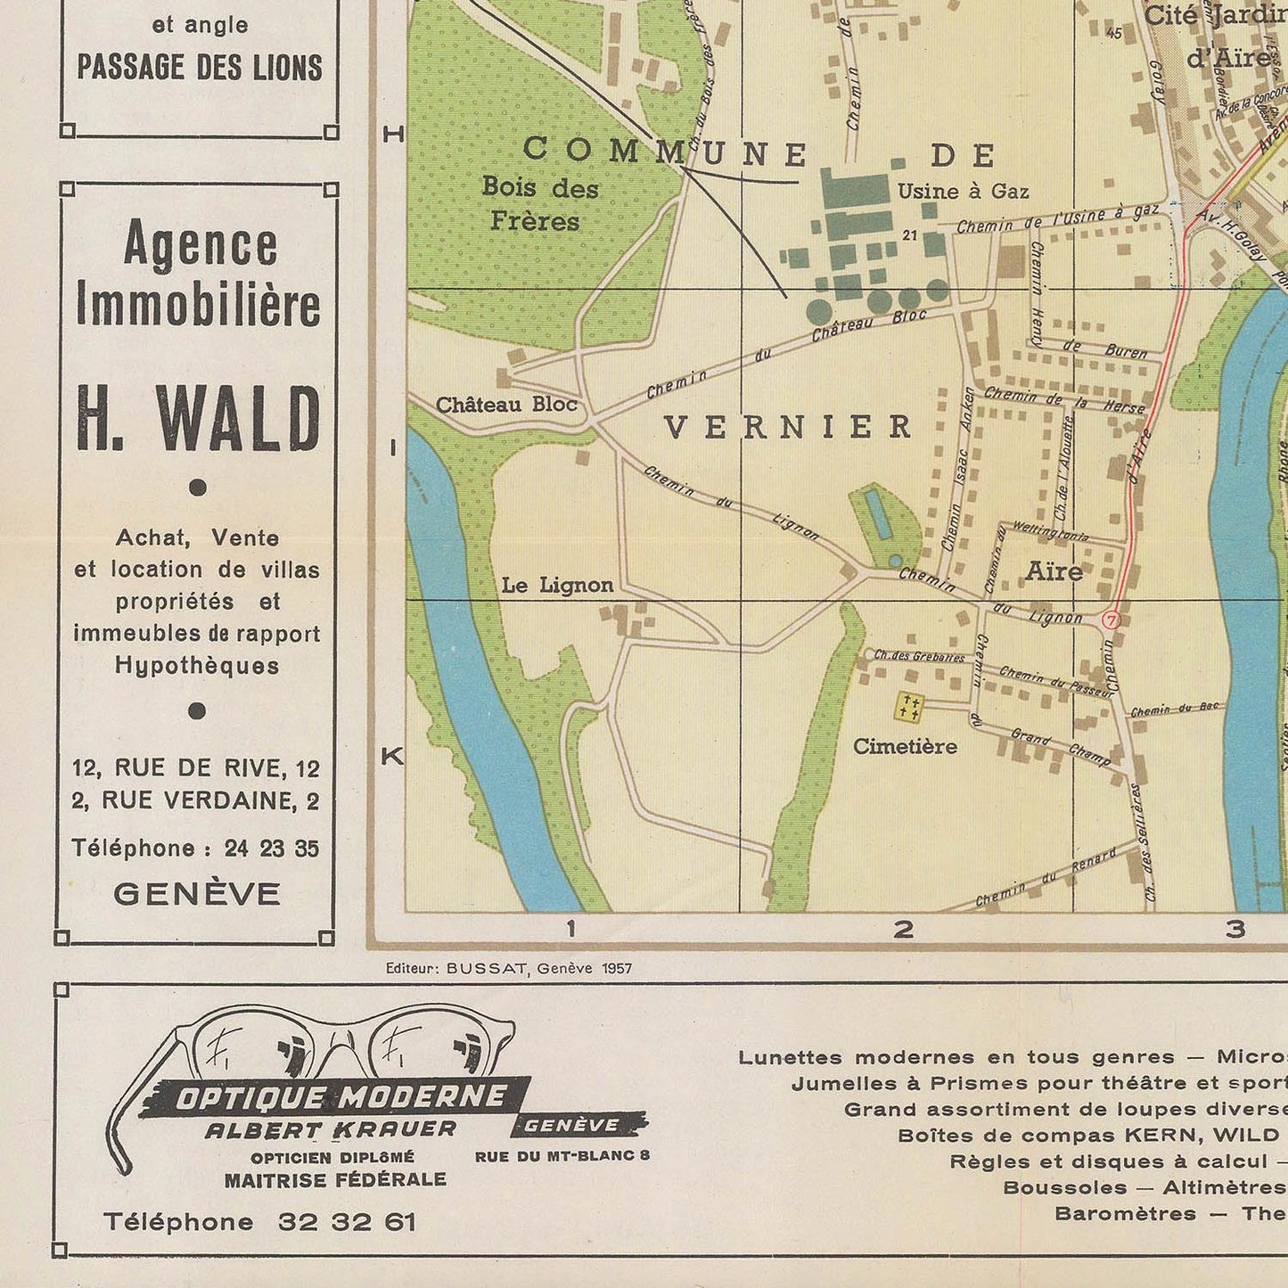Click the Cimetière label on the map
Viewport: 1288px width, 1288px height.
coord(905,746)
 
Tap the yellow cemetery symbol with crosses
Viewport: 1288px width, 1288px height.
coord(908,708)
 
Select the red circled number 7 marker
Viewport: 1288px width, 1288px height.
coord(1111,619)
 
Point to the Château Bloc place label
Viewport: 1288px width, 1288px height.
coord(506,405)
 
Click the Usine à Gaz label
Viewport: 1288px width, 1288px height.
coord(963,192)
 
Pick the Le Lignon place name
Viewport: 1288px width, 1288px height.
coord(557,586)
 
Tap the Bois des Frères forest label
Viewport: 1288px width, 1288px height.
coord(539,204)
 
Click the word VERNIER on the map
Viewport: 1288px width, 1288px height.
coord(788,428)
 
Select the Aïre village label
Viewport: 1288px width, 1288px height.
coord(1054,571)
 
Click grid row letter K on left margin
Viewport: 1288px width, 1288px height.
coord(392,757)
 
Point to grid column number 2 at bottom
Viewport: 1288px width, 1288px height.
coord(903,930)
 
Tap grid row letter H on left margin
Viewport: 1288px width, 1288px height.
coord(393,135)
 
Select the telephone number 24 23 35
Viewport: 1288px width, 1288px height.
coord(272,849)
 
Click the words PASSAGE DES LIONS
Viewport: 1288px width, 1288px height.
coord(200,69)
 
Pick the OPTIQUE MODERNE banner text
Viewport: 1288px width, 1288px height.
coord(340,1096)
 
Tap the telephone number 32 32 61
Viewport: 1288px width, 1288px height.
coord(347,1222)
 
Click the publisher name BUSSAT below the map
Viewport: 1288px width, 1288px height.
coord(487,969)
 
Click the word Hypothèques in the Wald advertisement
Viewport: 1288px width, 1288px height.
coord(197,666)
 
